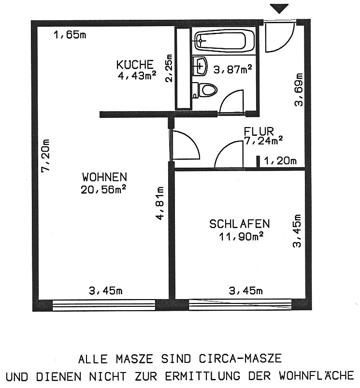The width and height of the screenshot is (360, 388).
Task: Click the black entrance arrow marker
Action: [x=279, y=8]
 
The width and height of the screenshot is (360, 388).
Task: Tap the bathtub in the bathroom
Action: [x=224, y=40]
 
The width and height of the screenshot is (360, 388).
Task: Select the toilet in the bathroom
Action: [x=205, y=90]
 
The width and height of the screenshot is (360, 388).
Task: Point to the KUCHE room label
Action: [x=135, y=65]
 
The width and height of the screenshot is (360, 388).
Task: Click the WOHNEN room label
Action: [x=105, y=177]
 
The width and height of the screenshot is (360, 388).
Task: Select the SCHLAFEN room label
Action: [x=240, y=224]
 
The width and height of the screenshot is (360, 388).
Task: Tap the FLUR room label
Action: [x=259, y=131]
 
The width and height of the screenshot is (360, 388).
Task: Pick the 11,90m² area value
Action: [x=241, y=237]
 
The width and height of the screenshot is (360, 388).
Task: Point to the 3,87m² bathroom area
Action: [x=232, y=69]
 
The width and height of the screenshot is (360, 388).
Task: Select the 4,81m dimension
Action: [x=160, y=203]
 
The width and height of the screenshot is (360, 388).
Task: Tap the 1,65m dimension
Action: [x=70, y=35]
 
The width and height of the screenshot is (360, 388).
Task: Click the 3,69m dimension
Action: [x=299, y=89]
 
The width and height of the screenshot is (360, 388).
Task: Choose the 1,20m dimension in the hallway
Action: [x=280, y=161]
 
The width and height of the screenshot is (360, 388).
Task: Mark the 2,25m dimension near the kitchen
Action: [x=169, y=68]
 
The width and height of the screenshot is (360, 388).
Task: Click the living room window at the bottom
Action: [x=104, y=305]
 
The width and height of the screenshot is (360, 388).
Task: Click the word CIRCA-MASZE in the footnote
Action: [x=240, y=359]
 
